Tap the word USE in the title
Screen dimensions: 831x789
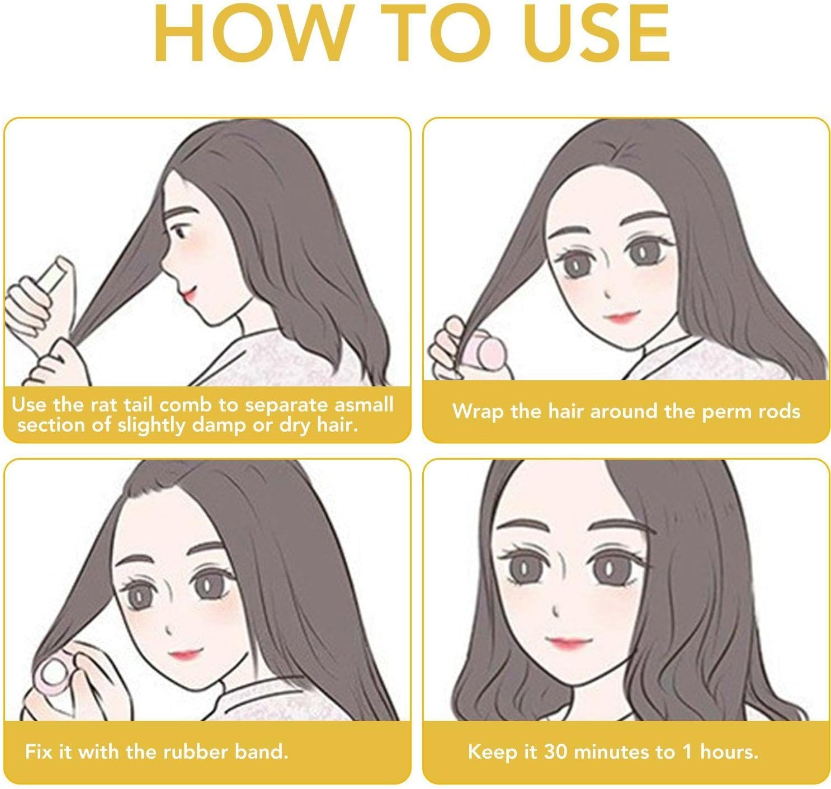pos(598,33)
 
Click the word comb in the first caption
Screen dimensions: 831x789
pos(185,405)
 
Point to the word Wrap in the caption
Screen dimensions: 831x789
pos(477,412)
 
